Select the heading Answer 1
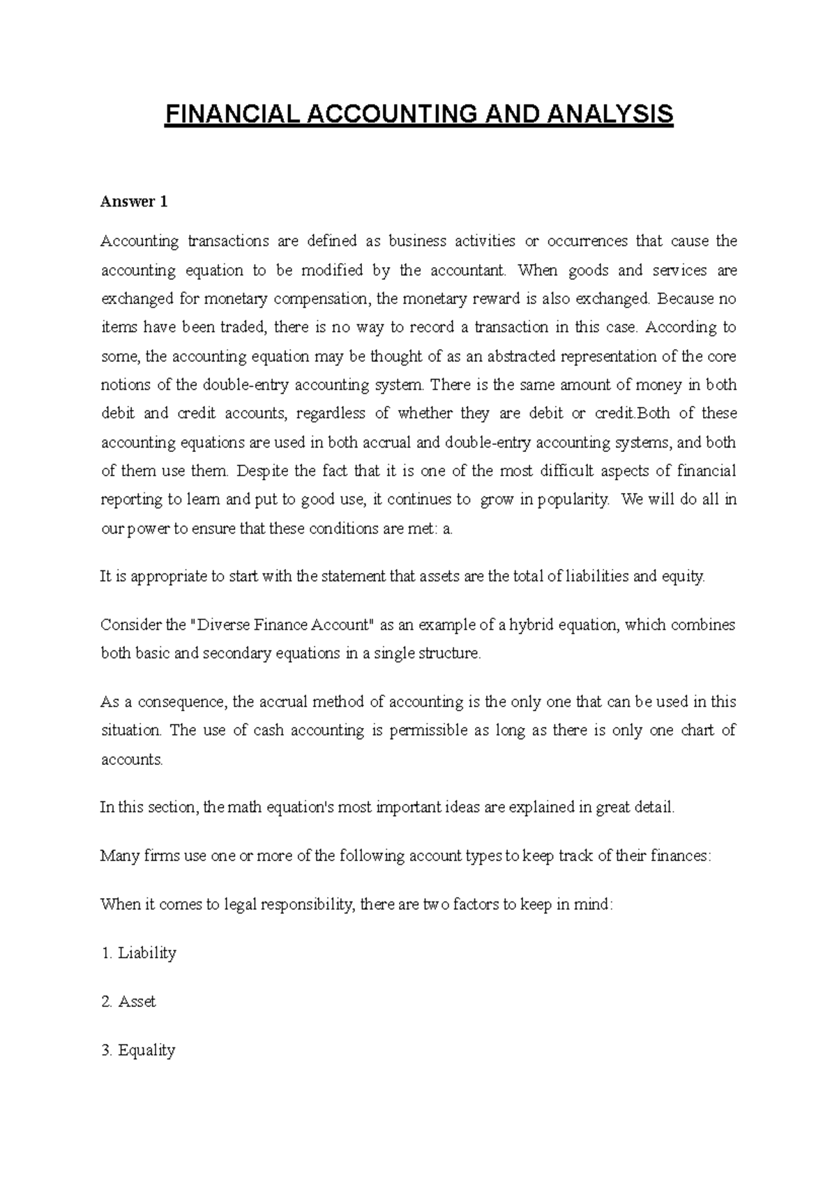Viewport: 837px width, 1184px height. [x=134, y=202]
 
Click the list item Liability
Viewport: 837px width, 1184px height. [x=146, y=953]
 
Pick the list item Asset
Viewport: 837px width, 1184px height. [x=137, y=1002]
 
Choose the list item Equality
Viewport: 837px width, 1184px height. [x=146, y=1050]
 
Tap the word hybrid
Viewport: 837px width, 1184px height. [x=530, y=625]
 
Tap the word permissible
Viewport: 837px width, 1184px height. [x=428, y=731]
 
